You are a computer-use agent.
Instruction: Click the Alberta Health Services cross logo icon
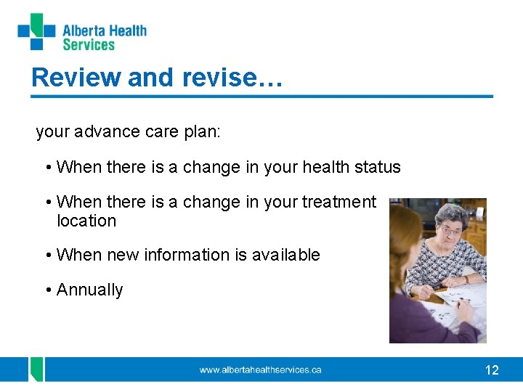pyautogui.click(x=36, y=32)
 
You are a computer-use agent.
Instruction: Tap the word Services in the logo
pyautogui.click(x=89, y=45)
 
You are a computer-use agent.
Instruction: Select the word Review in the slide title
pyautogui.click(x=76, y=77)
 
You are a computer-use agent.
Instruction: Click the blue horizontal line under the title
pyautogui.click(x=261, y=96)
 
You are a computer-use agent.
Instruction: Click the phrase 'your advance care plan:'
pyautogui.click(x=129, y=131)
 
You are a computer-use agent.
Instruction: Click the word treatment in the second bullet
pyautogui.click(x=339, y=202)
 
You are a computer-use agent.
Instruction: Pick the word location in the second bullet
pyautogui.click(x=86, y=221)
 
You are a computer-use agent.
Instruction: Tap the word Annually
pyautogui.click(x=90, y=290)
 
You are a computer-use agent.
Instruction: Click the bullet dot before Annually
pyautogui.click(x=48, y=290)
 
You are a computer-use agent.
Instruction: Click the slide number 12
pyautogui.click(x=492, y=370)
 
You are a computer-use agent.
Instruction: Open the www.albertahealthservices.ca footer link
pyautogui.click(x=260, y=370)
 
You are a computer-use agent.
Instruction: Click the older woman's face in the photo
pyautogui.click(x=450, y=230)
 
